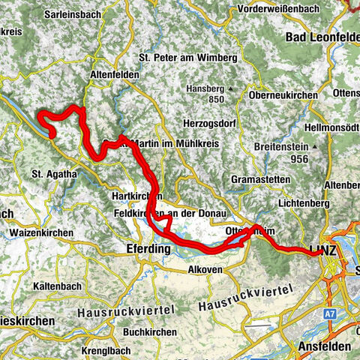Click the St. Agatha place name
pos(54,174)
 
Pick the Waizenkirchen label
pos(41,233)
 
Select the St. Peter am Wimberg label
pos(188,58)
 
